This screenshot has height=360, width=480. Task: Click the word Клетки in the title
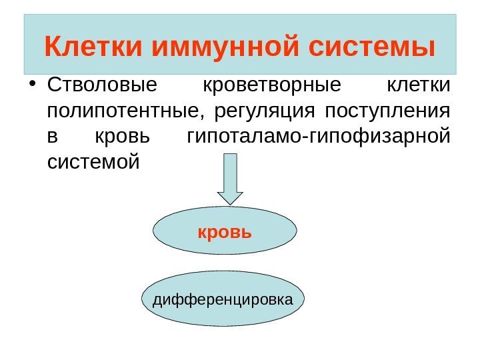pos(94,47)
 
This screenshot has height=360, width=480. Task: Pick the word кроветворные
pos(271,86)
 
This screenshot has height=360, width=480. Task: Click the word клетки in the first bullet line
pos(419,86)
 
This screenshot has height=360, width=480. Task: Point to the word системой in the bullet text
pos(94,161)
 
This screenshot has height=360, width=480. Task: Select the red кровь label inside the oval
pos(225,233)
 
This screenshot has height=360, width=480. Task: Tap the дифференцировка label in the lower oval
pos(223,299)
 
